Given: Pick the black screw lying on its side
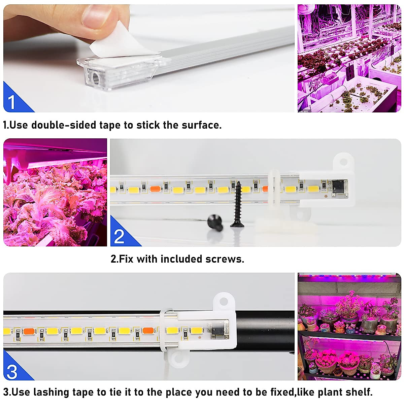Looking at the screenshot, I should (x=215, y=223).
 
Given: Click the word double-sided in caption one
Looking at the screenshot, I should (x=64, y=125).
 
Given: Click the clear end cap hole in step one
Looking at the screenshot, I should (x=96, y=78).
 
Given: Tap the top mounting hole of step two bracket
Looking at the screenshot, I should (x=343, y=162).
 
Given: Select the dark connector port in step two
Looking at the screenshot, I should (x=339, y=188).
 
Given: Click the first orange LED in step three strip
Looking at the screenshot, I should (x=29, y=331).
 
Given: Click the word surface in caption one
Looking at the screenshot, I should (x=201, y=125).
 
